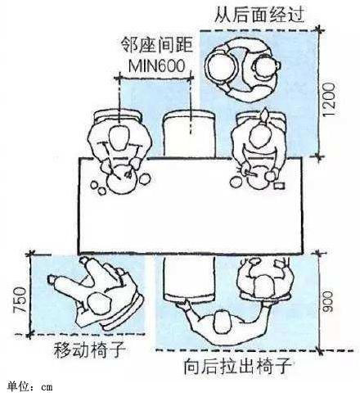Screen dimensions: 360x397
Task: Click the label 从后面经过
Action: point(259,14)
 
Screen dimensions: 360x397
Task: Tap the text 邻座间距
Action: point(156,45)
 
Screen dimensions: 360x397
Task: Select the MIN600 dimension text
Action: point(156,65)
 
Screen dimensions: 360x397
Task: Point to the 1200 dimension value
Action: point(329,100)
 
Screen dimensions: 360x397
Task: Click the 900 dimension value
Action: point(328,301)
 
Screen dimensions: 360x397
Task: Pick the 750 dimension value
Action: point(20,300)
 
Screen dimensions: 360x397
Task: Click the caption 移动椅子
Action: point(90,350)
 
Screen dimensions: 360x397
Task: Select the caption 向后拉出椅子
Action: point(238,367)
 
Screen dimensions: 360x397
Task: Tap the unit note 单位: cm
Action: point(30,386)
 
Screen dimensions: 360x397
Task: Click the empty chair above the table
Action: point(190,133)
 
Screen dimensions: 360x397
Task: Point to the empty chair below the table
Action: point(189,278)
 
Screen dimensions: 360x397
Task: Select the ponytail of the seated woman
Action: point(263,115)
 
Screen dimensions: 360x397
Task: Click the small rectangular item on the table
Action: point(279,186)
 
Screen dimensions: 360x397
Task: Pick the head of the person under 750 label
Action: point(99,304)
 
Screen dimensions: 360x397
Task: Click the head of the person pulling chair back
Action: point(224,323)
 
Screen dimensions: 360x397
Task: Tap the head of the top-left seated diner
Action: point(119,138)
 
